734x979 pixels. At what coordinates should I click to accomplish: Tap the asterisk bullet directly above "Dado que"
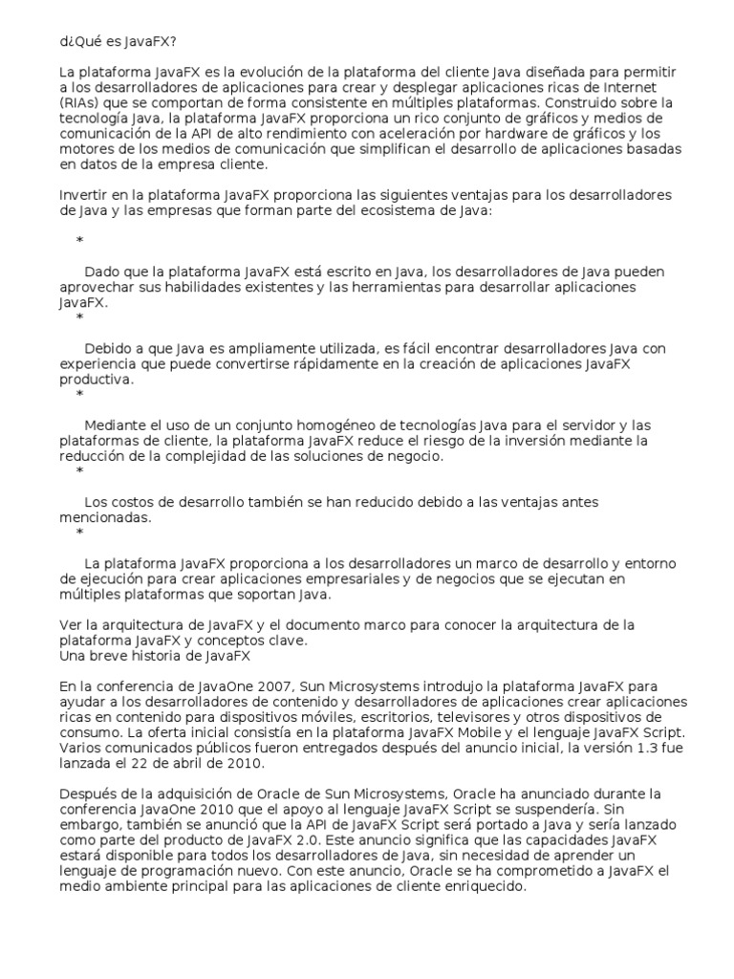point(79,241)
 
